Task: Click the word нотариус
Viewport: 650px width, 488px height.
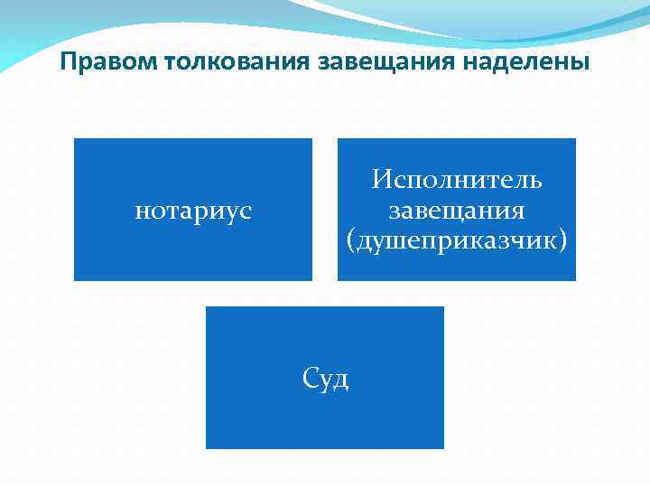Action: [x=193, y=211]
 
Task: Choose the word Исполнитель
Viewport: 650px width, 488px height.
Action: [x=457, y=180]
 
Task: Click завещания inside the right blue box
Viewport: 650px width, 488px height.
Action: [x=457, y=211]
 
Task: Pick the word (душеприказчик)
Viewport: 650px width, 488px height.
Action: [x=457, y=241]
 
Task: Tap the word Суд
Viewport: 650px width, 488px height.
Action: [x=325, y=379]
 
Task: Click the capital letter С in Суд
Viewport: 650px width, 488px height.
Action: [x=310, y=379]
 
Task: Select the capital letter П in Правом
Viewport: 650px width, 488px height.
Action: [x=68, y=63]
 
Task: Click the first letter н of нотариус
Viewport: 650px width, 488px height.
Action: [x=140, y=212]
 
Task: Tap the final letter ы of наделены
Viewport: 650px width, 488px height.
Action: [x=583, y=64]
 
